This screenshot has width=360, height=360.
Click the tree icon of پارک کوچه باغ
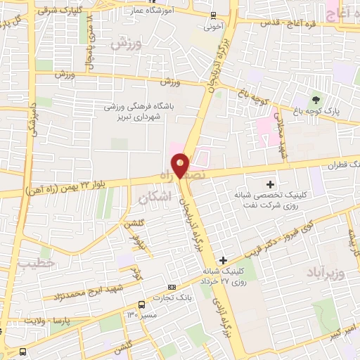(316, 99)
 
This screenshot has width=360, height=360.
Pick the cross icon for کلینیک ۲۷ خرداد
(223, 260)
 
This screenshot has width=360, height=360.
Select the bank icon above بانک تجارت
(172, 288)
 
